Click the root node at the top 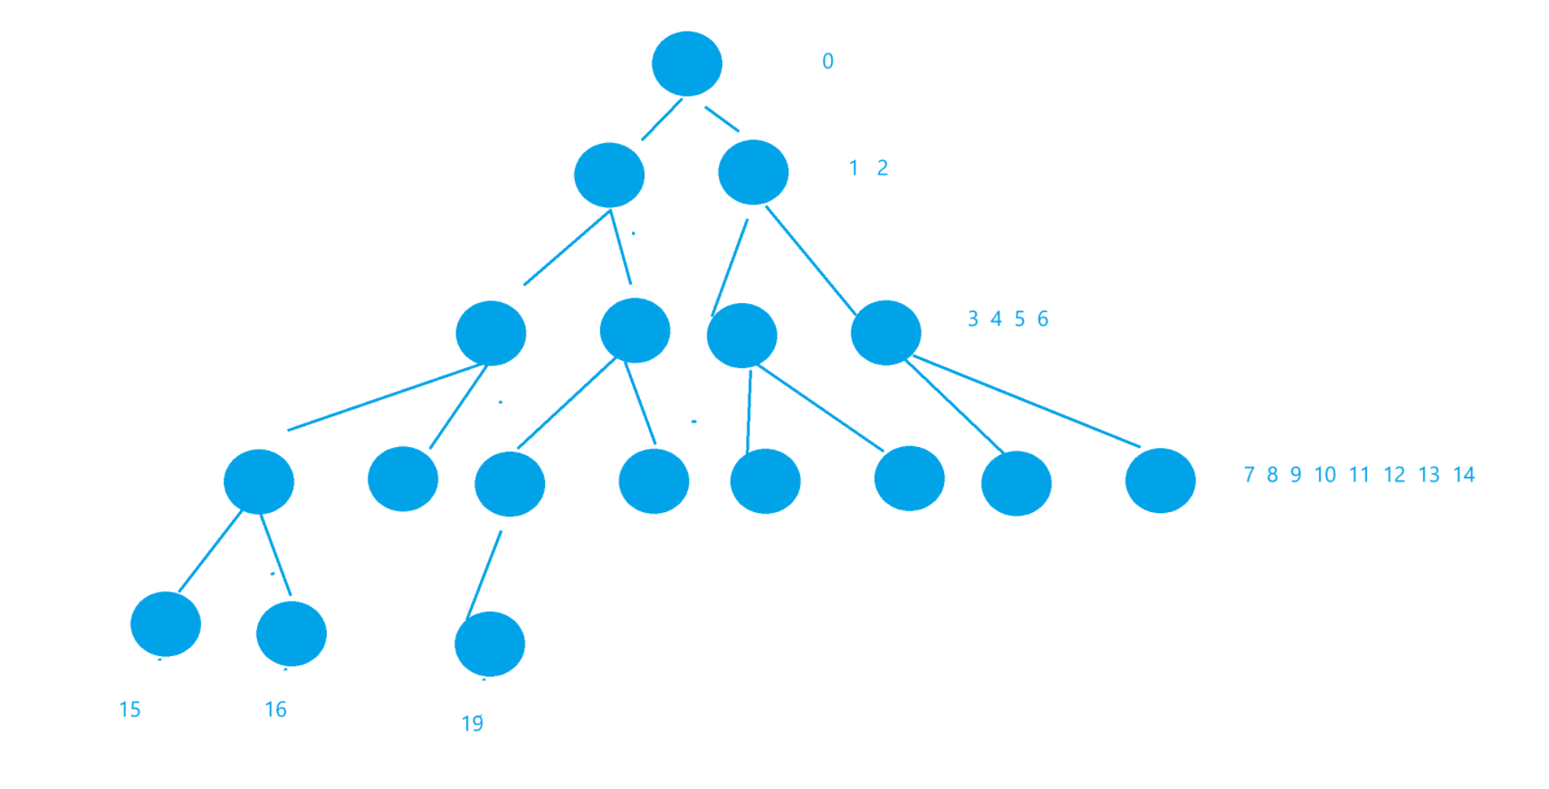tap(687, 63)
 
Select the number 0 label tap(827, 62)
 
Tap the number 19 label tap(472, 724)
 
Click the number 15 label tap(129, 709)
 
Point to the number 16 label tap(275, 709)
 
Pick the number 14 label tap(1464, 475)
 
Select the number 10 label tap(1324, 475)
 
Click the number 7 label tap(1248, 475)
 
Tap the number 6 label tap(1043, 318)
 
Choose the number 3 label tap(972, 318)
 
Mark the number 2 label tap(883, 168)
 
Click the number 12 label tap(1394, 475)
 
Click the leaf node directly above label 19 tap(490, 644)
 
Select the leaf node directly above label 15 tap(166, 624)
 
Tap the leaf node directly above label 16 tap(292, 633)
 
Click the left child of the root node tap(609, 175)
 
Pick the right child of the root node tap(753, 172)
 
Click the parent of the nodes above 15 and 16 tap(259, 481)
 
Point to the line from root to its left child tap(662, 119)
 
